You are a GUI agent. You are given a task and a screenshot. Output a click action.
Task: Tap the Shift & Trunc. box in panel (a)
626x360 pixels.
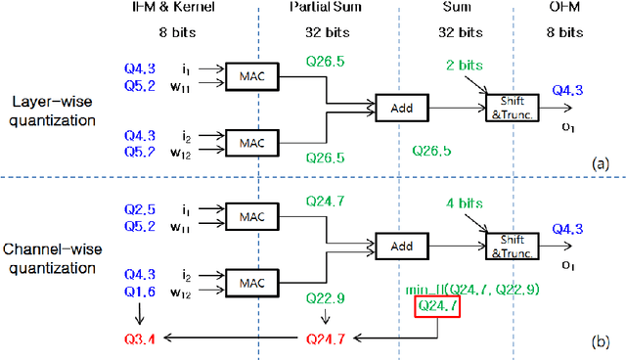(x=510, y=108)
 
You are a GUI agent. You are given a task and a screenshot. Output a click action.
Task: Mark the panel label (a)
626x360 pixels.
(x=602, y=163)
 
